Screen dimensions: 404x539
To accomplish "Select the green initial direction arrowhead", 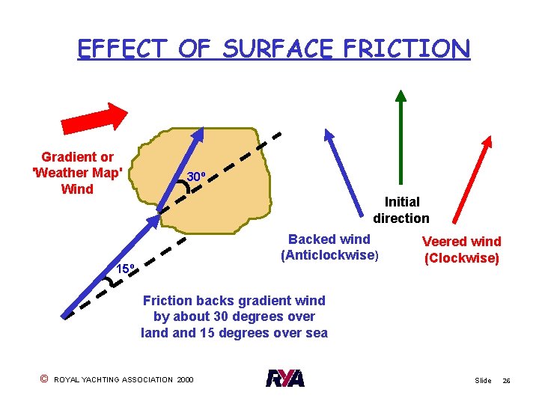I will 401,96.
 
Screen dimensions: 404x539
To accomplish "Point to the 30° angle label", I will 196,177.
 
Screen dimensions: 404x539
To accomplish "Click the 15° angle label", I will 125,269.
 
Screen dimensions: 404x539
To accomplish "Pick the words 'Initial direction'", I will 401,210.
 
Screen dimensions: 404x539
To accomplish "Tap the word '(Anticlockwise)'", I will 330,256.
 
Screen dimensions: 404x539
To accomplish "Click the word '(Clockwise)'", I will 461,258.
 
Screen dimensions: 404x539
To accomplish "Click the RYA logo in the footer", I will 285,379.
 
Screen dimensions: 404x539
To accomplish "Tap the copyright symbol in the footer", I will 43,379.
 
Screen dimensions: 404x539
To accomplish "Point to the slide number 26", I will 506,381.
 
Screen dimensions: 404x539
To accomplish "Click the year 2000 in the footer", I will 185,380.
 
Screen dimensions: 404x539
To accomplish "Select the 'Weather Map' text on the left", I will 77,173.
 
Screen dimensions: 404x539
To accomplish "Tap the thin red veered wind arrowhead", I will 488,141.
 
